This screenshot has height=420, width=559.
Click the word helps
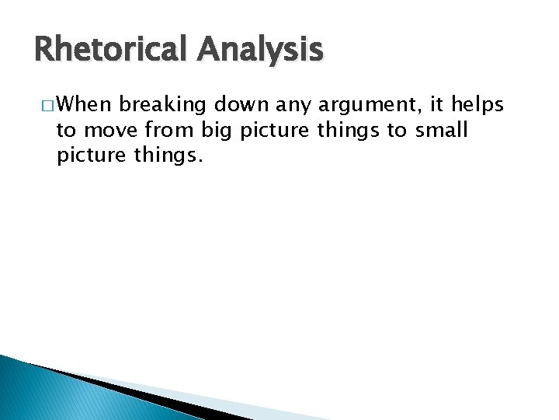coord(476,104)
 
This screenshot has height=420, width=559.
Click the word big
coord(219,130)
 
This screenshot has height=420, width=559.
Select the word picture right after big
coord(275,130)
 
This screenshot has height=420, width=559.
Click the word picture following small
coord(92,156)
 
